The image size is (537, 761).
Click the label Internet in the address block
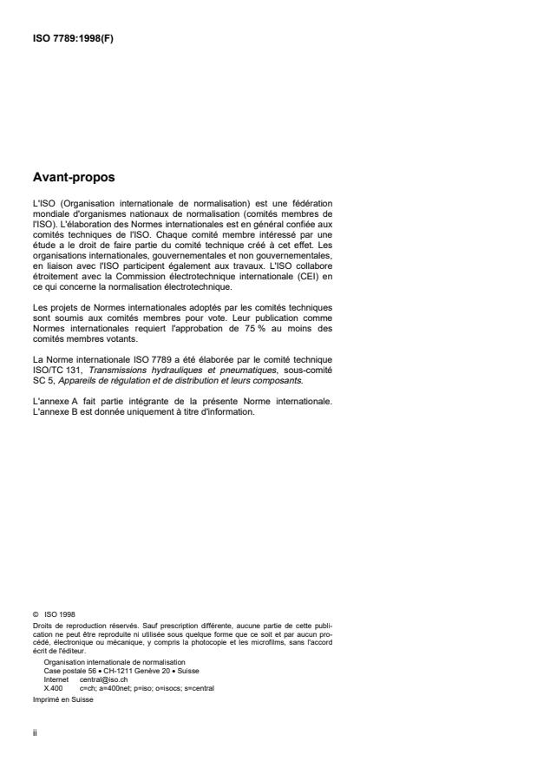pyautogui.click(x=56, y=680)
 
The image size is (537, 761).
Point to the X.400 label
pyautogui.click(x=53, y=687)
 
